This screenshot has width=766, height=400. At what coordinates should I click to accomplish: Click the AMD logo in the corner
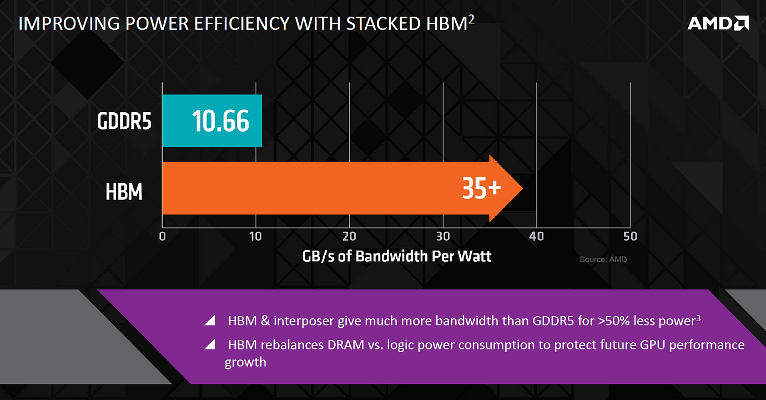718,23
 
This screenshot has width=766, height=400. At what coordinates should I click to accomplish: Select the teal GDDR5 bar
211,121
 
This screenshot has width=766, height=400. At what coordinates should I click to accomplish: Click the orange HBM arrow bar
333,188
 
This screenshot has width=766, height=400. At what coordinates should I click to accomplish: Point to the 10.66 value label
220,121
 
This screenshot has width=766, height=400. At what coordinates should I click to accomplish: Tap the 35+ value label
481,189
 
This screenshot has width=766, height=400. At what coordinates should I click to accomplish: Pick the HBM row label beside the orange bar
124,192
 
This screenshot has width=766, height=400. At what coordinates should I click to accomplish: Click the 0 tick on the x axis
162,236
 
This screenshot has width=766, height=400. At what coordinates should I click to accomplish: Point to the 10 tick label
255,236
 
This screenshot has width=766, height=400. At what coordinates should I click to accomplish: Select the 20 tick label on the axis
349,236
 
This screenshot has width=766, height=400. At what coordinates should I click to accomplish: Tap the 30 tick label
442,236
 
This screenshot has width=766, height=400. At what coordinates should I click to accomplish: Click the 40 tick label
536,236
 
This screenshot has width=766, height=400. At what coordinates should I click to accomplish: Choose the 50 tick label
630,236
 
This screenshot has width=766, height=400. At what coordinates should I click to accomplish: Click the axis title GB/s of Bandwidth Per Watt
397,256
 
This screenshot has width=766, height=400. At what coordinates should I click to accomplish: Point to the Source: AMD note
603,259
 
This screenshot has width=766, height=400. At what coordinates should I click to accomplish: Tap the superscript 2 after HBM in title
471,19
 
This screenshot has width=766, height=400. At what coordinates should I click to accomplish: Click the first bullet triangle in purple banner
209,321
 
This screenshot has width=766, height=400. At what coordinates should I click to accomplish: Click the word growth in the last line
245,362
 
